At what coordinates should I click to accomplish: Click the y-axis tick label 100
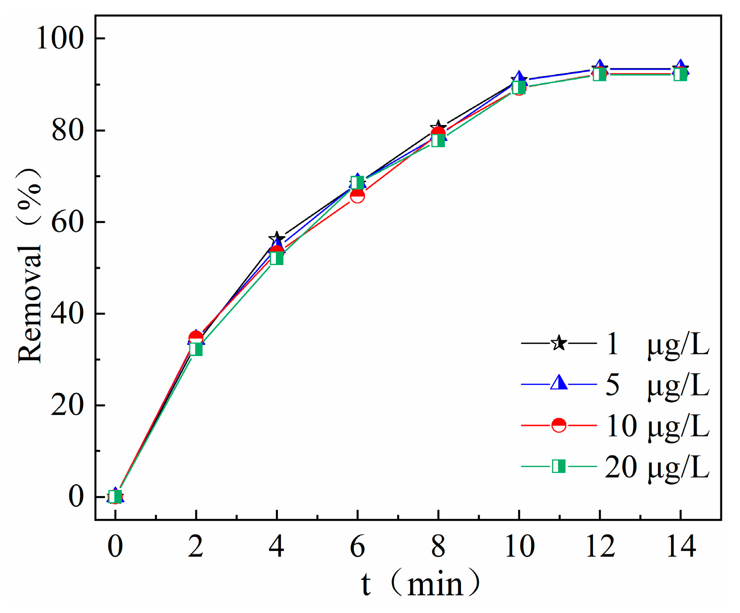(59, 38)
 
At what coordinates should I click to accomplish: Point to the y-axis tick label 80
(67, 130)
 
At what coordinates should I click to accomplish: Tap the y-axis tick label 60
(67, 222)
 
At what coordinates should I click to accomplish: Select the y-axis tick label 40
(67, 314)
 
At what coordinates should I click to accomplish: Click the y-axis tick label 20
(67, 405)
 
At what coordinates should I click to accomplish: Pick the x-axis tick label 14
(681, 546)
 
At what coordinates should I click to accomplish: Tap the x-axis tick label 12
(600, 546)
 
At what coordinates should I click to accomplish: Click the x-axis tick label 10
(519, 546)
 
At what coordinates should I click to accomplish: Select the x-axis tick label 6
(357, 546)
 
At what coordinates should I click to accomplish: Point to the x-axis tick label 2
(196, 546)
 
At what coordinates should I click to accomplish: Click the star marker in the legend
(559, 344)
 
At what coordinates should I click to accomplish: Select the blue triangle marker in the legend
(559, 384)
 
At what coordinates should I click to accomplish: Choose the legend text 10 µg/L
(657, 426)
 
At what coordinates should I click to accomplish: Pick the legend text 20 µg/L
(657, 467)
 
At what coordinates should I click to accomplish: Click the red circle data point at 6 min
(357, 195)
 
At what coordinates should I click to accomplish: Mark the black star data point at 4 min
(276, 238)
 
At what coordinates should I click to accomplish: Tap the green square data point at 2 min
(196, 349)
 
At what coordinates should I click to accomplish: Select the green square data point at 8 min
(438, 141)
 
